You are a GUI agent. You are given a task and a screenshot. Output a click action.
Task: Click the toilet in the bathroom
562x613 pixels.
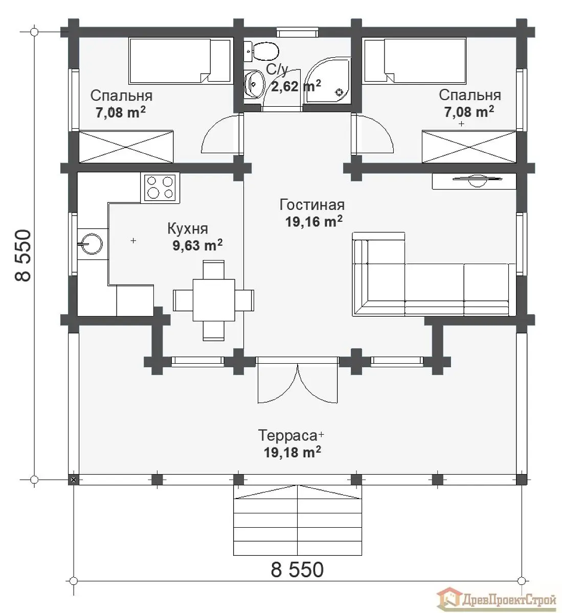262,52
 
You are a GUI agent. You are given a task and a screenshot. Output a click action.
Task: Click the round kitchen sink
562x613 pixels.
91,244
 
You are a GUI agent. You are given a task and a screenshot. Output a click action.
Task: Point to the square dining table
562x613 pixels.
214,300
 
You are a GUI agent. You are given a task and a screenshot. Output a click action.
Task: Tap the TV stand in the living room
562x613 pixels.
474,181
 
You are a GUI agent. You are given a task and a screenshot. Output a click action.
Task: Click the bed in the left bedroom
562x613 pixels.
179,60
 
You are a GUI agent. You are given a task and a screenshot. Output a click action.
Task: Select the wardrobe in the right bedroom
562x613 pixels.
469,147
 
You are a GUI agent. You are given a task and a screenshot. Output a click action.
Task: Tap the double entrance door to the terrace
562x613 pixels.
298,380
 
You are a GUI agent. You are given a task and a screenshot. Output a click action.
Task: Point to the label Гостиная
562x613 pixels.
312,205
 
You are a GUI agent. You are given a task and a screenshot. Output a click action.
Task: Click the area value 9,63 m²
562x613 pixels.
197,245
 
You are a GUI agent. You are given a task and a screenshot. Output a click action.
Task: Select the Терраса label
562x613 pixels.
287,435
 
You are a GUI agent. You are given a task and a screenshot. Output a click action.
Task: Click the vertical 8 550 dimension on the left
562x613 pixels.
23,255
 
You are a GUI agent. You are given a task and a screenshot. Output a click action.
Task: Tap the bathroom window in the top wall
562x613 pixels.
298,32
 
